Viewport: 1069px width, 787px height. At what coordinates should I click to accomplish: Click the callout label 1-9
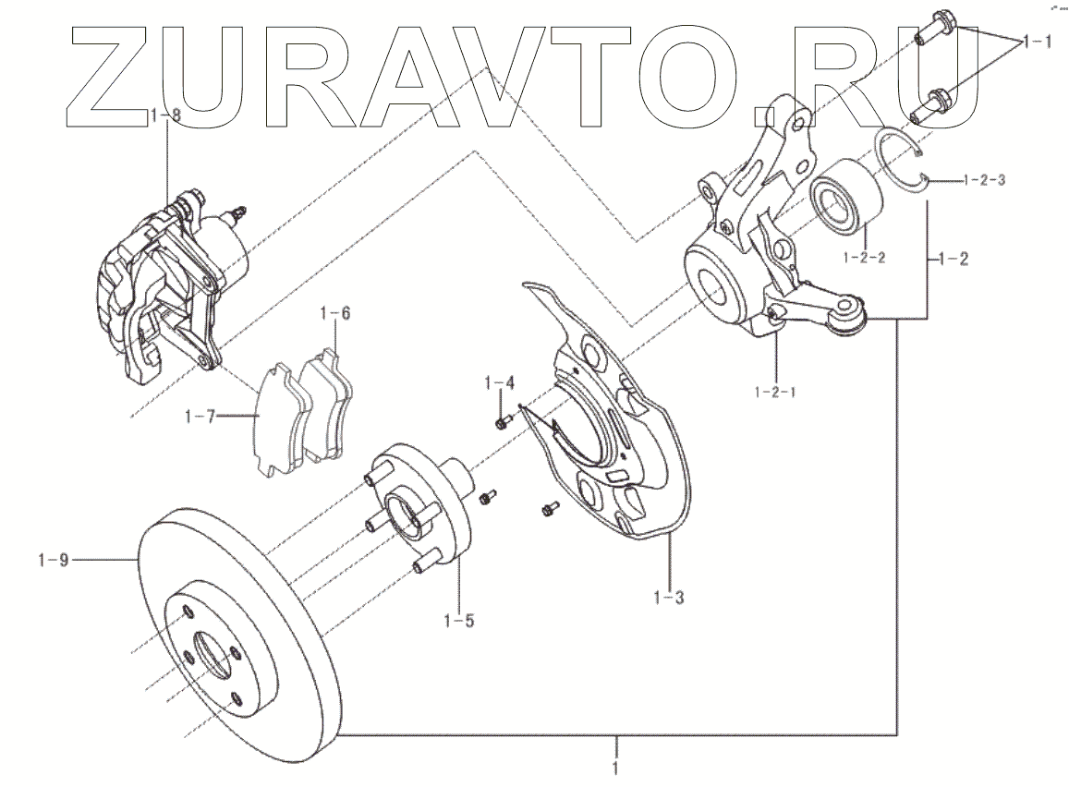pyautogui.click(x=54, y=559)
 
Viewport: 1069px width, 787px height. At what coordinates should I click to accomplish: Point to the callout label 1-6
pyautogui.click(x=335, y=313)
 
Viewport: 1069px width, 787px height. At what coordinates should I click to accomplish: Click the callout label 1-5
pyautogui.click(x=458, y=620)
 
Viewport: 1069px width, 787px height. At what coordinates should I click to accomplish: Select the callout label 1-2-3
pyautogui.click(x=983, y=180)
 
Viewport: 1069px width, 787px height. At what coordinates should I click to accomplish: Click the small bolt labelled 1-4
pyautogui.click(x=502, y=423)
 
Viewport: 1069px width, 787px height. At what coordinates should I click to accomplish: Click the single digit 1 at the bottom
pyautogui.click(x=616, y=766)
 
